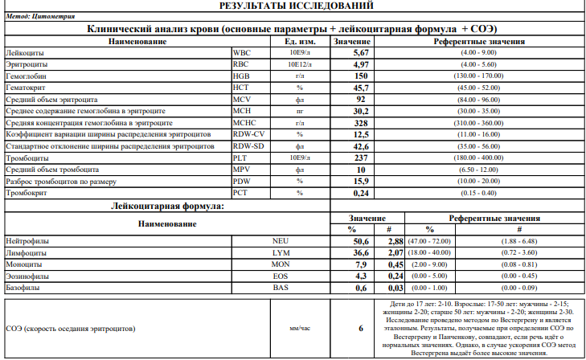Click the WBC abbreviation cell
click(240, 52)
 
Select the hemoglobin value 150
click(361, 76)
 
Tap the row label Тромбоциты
click(26, 158)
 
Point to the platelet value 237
click(361, 158)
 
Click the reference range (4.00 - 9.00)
click(479, 52)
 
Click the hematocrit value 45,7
click(361, 88)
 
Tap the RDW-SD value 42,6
click(361, 147)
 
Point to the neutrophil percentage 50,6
click(360, 241)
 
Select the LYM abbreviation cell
click(280, 252)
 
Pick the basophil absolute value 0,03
click(394, 287)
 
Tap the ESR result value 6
click(361, 329)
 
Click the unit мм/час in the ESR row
click(299, 329)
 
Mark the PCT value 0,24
click(361, 194)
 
